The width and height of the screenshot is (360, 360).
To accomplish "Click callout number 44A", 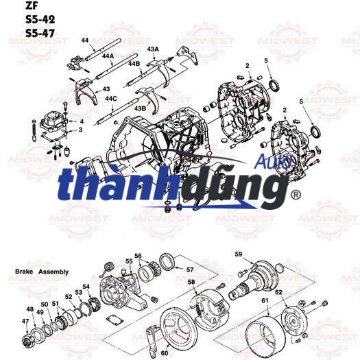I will pos(108,57).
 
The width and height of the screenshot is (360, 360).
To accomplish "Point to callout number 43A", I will pos(152,50).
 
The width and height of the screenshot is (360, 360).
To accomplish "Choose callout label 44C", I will pos(111,99).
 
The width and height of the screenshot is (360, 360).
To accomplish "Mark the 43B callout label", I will pos(140,108).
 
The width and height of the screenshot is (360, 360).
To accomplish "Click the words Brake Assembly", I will pos(41,272).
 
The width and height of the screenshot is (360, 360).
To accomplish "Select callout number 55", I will pos(128,261).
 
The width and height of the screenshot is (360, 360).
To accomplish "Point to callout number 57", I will pos(190,270).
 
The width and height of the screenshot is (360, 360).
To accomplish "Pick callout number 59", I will pos(239,255).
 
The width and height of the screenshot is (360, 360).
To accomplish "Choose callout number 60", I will pos(165,352).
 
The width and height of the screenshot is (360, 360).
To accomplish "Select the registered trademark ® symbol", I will pos(296,195).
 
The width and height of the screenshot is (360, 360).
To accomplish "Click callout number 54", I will pos(86,287).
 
